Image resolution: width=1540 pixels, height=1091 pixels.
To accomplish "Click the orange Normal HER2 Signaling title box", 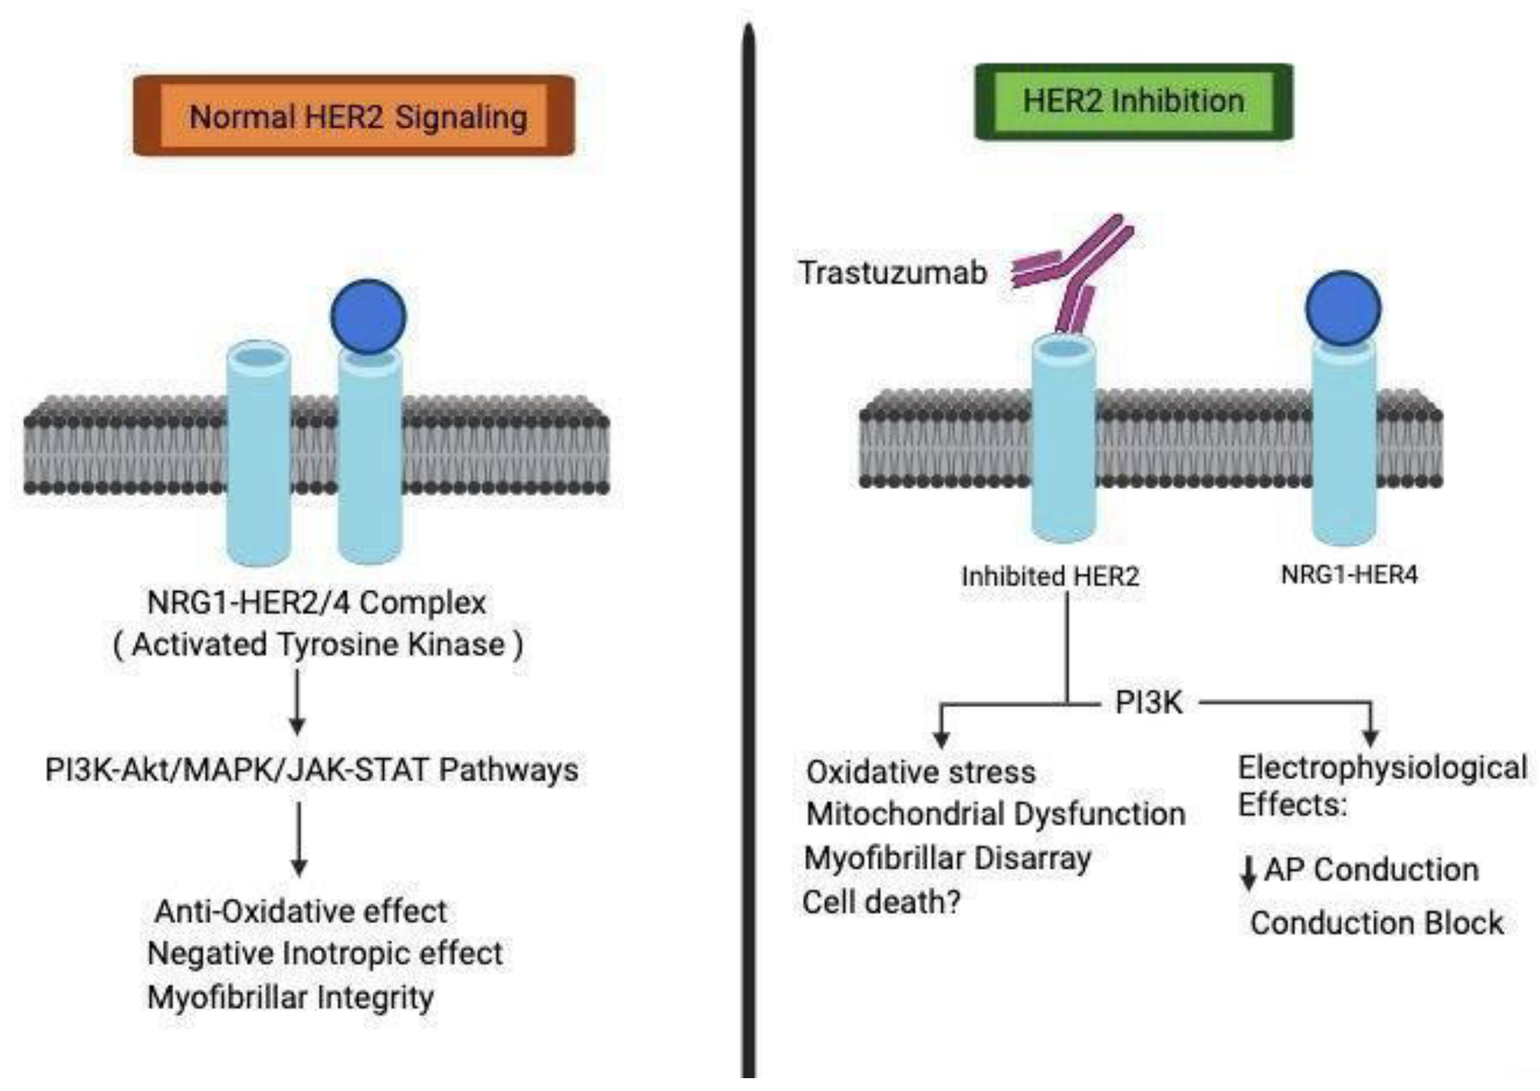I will (354, 116).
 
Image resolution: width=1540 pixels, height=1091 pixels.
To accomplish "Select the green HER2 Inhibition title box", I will (1133, 102).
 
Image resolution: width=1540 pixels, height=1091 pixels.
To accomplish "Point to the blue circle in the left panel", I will (368, 317).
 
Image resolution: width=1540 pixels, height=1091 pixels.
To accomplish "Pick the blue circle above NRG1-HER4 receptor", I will (1343, 308).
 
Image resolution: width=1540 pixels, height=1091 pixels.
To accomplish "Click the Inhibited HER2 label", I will (1050, 576).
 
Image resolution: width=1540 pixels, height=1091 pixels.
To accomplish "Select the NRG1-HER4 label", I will (1349, 575).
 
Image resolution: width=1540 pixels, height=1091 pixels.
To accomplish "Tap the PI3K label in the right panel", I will (1148, 703).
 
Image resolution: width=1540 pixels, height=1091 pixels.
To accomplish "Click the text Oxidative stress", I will (921, 772).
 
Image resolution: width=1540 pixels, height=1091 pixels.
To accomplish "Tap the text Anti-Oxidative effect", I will (301, 912).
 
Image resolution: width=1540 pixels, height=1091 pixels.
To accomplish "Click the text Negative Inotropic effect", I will (325, 953).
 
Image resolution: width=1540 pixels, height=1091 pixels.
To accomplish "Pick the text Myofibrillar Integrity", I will (290, 998).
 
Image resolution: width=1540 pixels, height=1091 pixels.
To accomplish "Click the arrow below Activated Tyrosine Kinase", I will (298, 702).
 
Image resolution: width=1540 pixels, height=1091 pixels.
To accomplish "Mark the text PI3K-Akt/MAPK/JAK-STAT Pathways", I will (312, 770).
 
